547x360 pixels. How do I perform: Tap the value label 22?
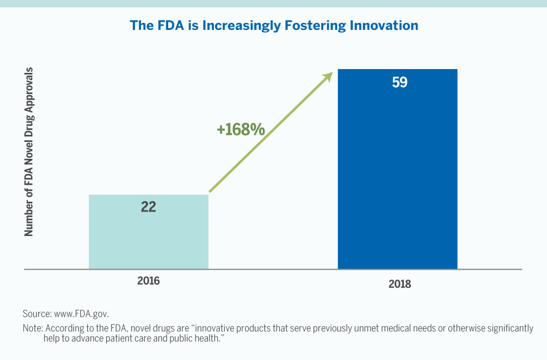(x=149, y=207)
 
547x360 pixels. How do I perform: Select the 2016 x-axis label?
(x=149, y=281)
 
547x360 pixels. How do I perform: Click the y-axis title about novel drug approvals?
(x=29, y=152)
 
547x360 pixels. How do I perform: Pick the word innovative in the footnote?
(x=218, y=328)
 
